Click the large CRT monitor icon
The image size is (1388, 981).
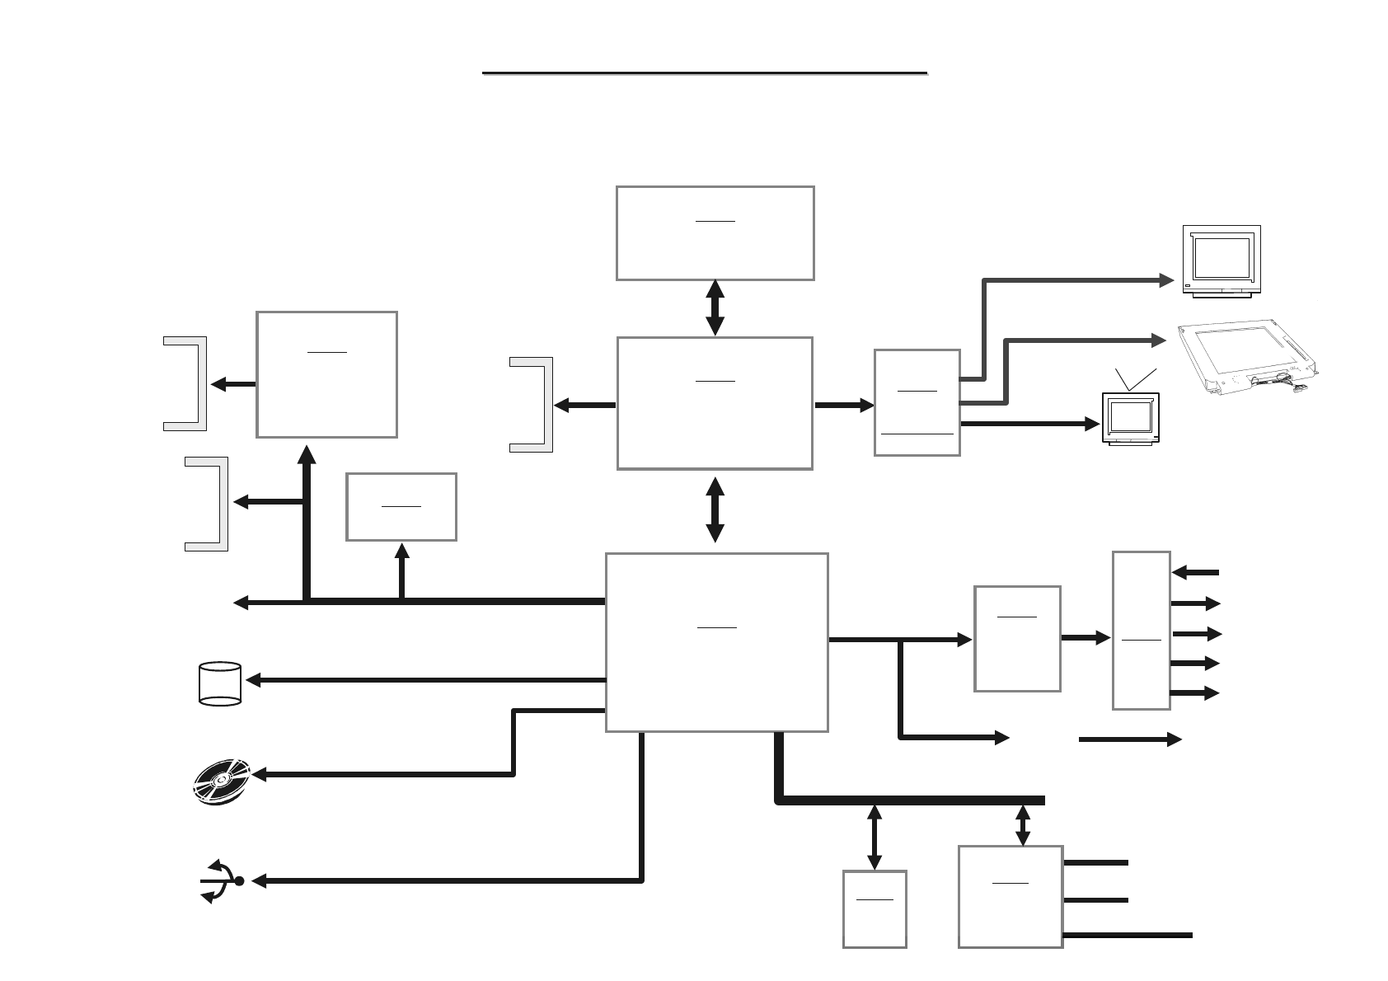(x=1222, y=261)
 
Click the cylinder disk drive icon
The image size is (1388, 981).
(x=220, y=683)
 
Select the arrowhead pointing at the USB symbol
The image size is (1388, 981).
(x=259, y=881)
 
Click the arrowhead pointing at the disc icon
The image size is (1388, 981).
(x=259, y=775)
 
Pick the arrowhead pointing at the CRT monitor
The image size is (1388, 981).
(x=1167, y=280)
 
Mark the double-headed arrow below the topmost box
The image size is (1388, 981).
(x=715, y=307)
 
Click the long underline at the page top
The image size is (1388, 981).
(x=705, y=73)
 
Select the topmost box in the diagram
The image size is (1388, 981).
(x=715, y=233)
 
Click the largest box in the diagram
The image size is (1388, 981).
(x=716, y=642)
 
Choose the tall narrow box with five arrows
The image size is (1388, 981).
(x=1141, y=630)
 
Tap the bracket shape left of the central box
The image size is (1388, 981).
(x=532, y=405)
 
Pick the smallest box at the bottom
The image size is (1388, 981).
(x=875, y=909)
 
